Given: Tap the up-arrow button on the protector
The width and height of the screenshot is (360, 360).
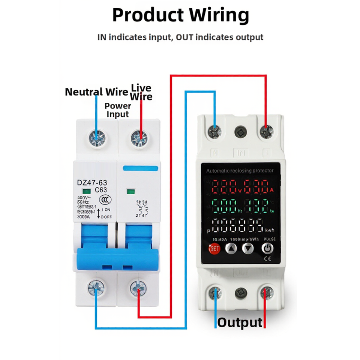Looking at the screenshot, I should (231, 248).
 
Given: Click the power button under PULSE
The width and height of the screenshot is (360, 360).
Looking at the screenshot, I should (267, 248).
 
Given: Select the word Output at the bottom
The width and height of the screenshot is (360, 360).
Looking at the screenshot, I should (240, 322).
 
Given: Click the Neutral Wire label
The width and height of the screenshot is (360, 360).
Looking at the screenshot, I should (97, 92).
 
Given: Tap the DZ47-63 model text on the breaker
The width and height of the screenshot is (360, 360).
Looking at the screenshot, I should (92, 183).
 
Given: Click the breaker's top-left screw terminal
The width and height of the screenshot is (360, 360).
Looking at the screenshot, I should (97, 139).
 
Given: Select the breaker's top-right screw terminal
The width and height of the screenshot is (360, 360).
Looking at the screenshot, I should (139, 139).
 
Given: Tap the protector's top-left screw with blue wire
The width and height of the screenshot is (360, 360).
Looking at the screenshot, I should (215, 132).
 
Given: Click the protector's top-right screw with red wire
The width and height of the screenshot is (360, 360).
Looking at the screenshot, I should (267, 131).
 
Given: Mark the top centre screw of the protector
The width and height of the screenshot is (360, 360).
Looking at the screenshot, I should (240, 132).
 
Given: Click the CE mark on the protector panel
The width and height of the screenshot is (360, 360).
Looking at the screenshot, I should (268, 258).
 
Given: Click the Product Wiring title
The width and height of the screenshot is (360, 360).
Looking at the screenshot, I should (180, 16).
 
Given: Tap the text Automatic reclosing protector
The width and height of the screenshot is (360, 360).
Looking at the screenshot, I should (240, 171).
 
